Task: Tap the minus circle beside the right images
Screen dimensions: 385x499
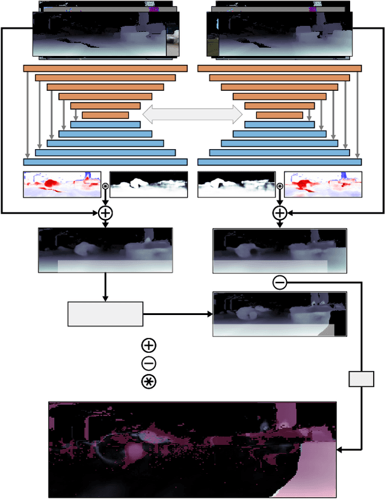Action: [280, 281]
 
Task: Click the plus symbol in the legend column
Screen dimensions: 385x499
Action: [149, 345]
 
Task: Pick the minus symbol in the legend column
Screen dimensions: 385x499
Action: [149, 363]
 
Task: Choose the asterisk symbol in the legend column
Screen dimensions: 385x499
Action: [149, 381]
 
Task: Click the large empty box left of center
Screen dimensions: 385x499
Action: [105, 314]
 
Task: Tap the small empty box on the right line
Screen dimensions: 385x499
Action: [362, 379]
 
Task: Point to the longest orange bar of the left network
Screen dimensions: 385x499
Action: [105, 69]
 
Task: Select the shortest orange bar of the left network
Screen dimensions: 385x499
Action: [105, 115]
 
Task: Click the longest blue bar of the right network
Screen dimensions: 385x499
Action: [280, 162]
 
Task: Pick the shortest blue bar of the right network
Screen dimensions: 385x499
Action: [280, 124]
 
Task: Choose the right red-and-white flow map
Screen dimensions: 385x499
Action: [323, 184]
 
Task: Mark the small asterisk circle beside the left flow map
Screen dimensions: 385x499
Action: [105, 186]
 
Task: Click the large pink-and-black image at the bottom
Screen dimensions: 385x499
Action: [192, 450]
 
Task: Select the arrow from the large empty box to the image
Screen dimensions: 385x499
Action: [177, 314]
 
